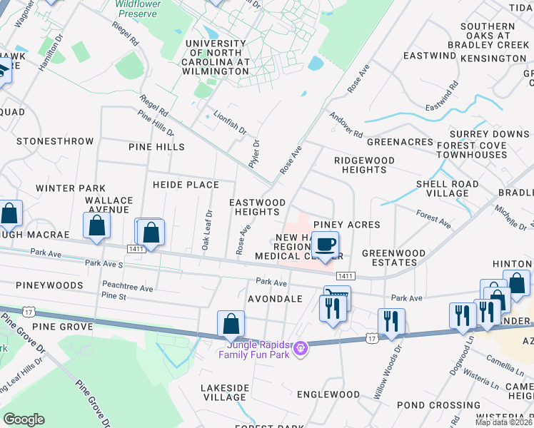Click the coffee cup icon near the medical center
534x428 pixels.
click(x=325, y=244)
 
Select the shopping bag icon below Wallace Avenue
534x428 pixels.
click(x=97, y=225)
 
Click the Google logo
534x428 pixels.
click(x=24, y=419)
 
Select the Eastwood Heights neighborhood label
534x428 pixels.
click(x=257, y=207)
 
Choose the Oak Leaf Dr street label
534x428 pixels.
click(x=207, y=228)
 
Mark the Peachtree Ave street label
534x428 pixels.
click(x=128, y=288)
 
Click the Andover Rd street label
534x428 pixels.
click(x=346, y=125)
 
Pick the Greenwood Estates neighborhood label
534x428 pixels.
click(x=393, y=258)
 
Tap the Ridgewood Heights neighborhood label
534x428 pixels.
click(x=364, y=165)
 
